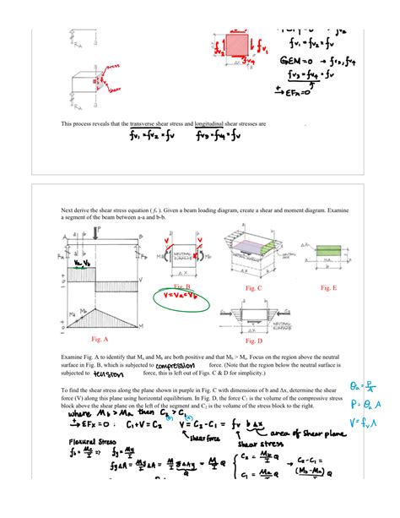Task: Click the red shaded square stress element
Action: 236,46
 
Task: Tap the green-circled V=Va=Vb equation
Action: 183,297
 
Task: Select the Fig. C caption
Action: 253,288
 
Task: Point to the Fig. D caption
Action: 254,341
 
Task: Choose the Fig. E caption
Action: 328,288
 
